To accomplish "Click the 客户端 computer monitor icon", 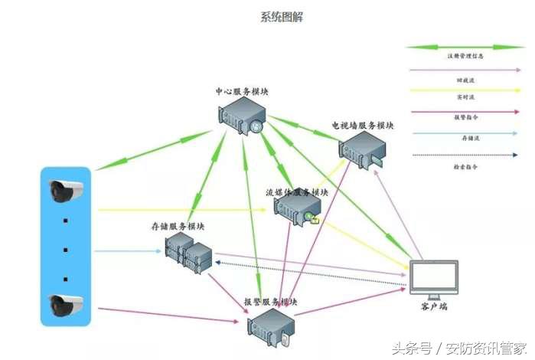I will click(433, 280).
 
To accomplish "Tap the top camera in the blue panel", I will click(65, 191).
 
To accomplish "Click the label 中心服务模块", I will click(242, 92).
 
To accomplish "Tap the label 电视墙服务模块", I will click(363, 125).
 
